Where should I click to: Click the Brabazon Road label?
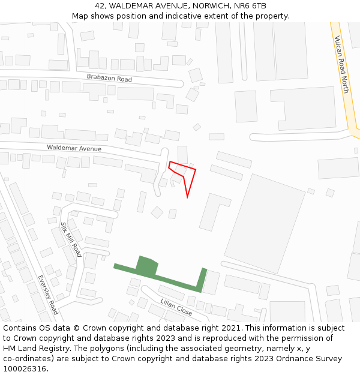click(x=109, y=79)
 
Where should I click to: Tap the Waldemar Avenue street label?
click(x=74, y=148)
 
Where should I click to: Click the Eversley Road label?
click(x=47, y=295)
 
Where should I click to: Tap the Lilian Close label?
click(x=176, y=308)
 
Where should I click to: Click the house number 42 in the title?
click(x=100, y=6)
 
